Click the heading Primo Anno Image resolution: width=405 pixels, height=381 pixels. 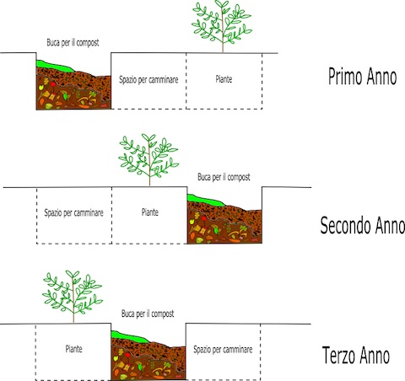(x=363, y=77)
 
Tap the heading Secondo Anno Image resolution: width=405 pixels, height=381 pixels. (x=363, y=225)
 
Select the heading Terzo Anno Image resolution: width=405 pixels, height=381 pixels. (x=356, y=355)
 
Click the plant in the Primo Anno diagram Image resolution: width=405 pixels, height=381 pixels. (x=222, y=26)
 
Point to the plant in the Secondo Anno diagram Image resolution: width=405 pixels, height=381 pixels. (x=148, y=159)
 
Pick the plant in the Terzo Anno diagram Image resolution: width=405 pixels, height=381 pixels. (x=73, y=296)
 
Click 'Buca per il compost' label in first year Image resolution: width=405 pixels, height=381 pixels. (x=73, y=43)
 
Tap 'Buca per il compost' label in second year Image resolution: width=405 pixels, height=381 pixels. (x=224, y=177)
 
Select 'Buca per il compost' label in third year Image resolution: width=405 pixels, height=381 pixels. (x=148, y=314)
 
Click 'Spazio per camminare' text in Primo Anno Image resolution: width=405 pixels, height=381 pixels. (x=148, y=79)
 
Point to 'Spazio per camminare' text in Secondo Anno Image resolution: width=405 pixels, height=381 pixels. (x=73, y=212)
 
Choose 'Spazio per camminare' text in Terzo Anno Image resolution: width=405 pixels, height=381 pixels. (x=223, y=350)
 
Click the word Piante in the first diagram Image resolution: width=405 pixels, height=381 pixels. (x=224, y=79)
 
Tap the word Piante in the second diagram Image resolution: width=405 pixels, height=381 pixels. (x=150, y=212)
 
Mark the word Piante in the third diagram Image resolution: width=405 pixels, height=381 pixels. (x=74, y=349)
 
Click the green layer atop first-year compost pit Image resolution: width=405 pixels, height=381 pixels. (x=53, y=67)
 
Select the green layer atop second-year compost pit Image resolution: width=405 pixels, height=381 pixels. (x=204, y=201)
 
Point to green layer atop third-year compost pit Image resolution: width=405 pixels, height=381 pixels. (x=128, y=337)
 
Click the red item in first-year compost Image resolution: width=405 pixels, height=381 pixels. (x=53, y=83)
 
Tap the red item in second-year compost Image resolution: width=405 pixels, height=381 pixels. (x=204, y=218)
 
